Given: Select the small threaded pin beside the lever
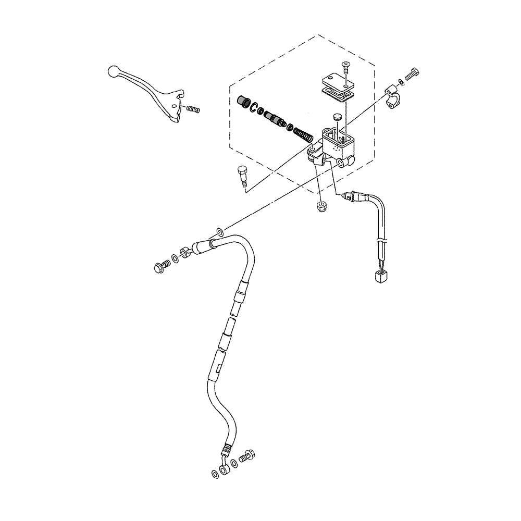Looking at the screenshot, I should point(193,110).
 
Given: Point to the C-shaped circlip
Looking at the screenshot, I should point(255,108).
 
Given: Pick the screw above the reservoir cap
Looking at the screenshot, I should point(344,67).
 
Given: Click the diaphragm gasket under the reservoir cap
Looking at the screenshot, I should point(336,93).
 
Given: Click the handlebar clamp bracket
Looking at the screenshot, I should point(393,96).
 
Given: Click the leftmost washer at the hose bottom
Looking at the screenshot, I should point(215,474).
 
